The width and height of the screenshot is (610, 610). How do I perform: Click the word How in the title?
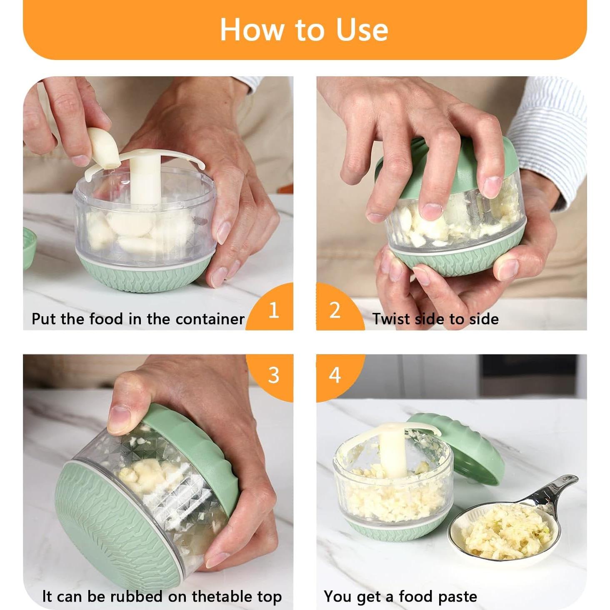tap(252, 30)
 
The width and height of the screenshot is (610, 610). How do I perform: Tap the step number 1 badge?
tap(271, 309)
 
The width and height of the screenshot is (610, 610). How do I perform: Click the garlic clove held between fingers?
tap(103, 147)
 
